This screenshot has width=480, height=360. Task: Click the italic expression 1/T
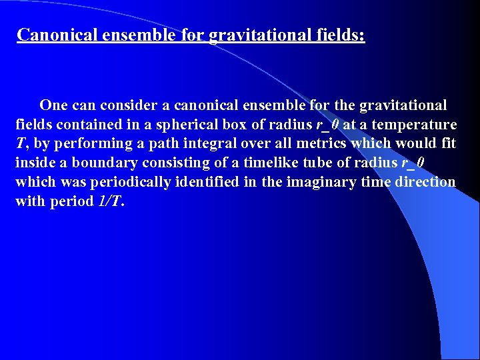[109, 201]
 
